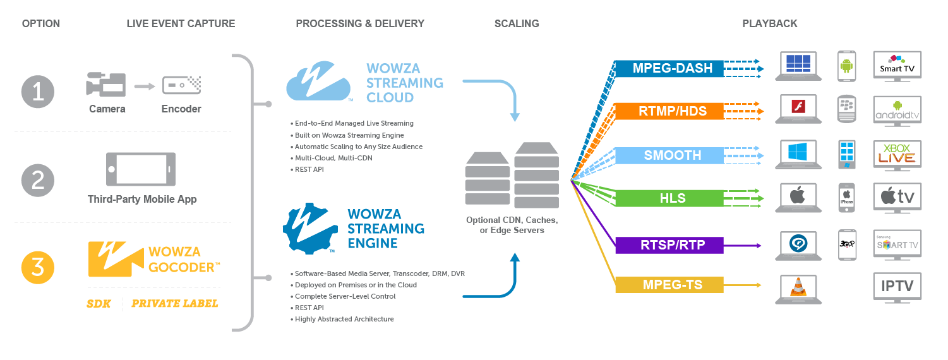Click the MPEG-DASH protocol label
pyautogui.click(x=672, y=68)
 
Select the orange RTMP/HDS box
pyautogui.click(x=672, y=112)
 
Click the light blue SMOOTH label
pyautogui.click(x=672, y=155)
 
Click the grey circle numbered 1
pyautogui.click(x=38, y=92)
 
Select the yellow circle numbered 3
pyautogui.click(x=38, y=268)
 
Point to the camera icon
pyautogui.click(x=106, y=85)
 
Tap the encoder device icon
pyautogui.click(x=181, y=85)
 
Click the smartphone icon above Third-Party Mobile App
pyautogui.click(x=141, y=169)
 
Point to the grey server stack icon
pyautogui.click(x=512, y=176)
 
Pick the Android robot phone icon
pyautogui.click(x=847, y=66)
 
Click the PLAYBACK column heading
pyautogui.click(x=769, y=23)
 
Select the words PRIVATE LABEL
pyautogui.click(x=174, y=304)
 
